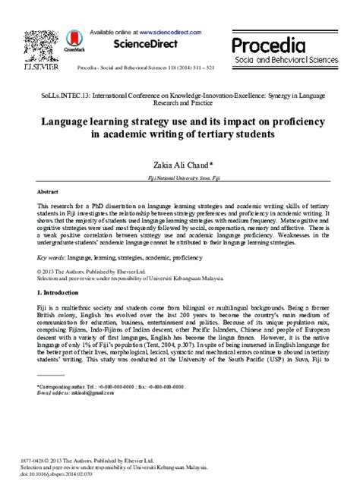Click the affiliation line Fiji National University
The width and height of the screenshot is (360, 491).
tap(183, 176)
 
